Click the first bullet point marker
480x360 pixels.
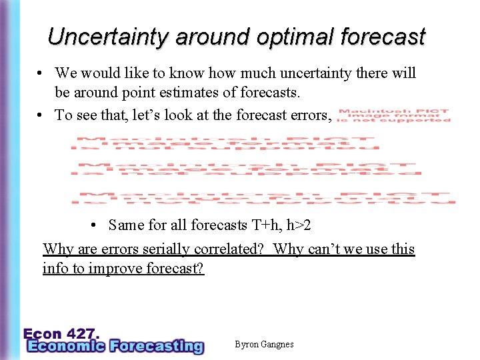pos(41,73)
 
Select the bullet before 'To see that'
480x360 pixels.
pos(41,115)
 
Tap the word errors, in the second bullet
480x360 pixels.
pos(304,115)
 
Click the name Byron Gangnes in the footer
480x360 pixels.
pos(264,345)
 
